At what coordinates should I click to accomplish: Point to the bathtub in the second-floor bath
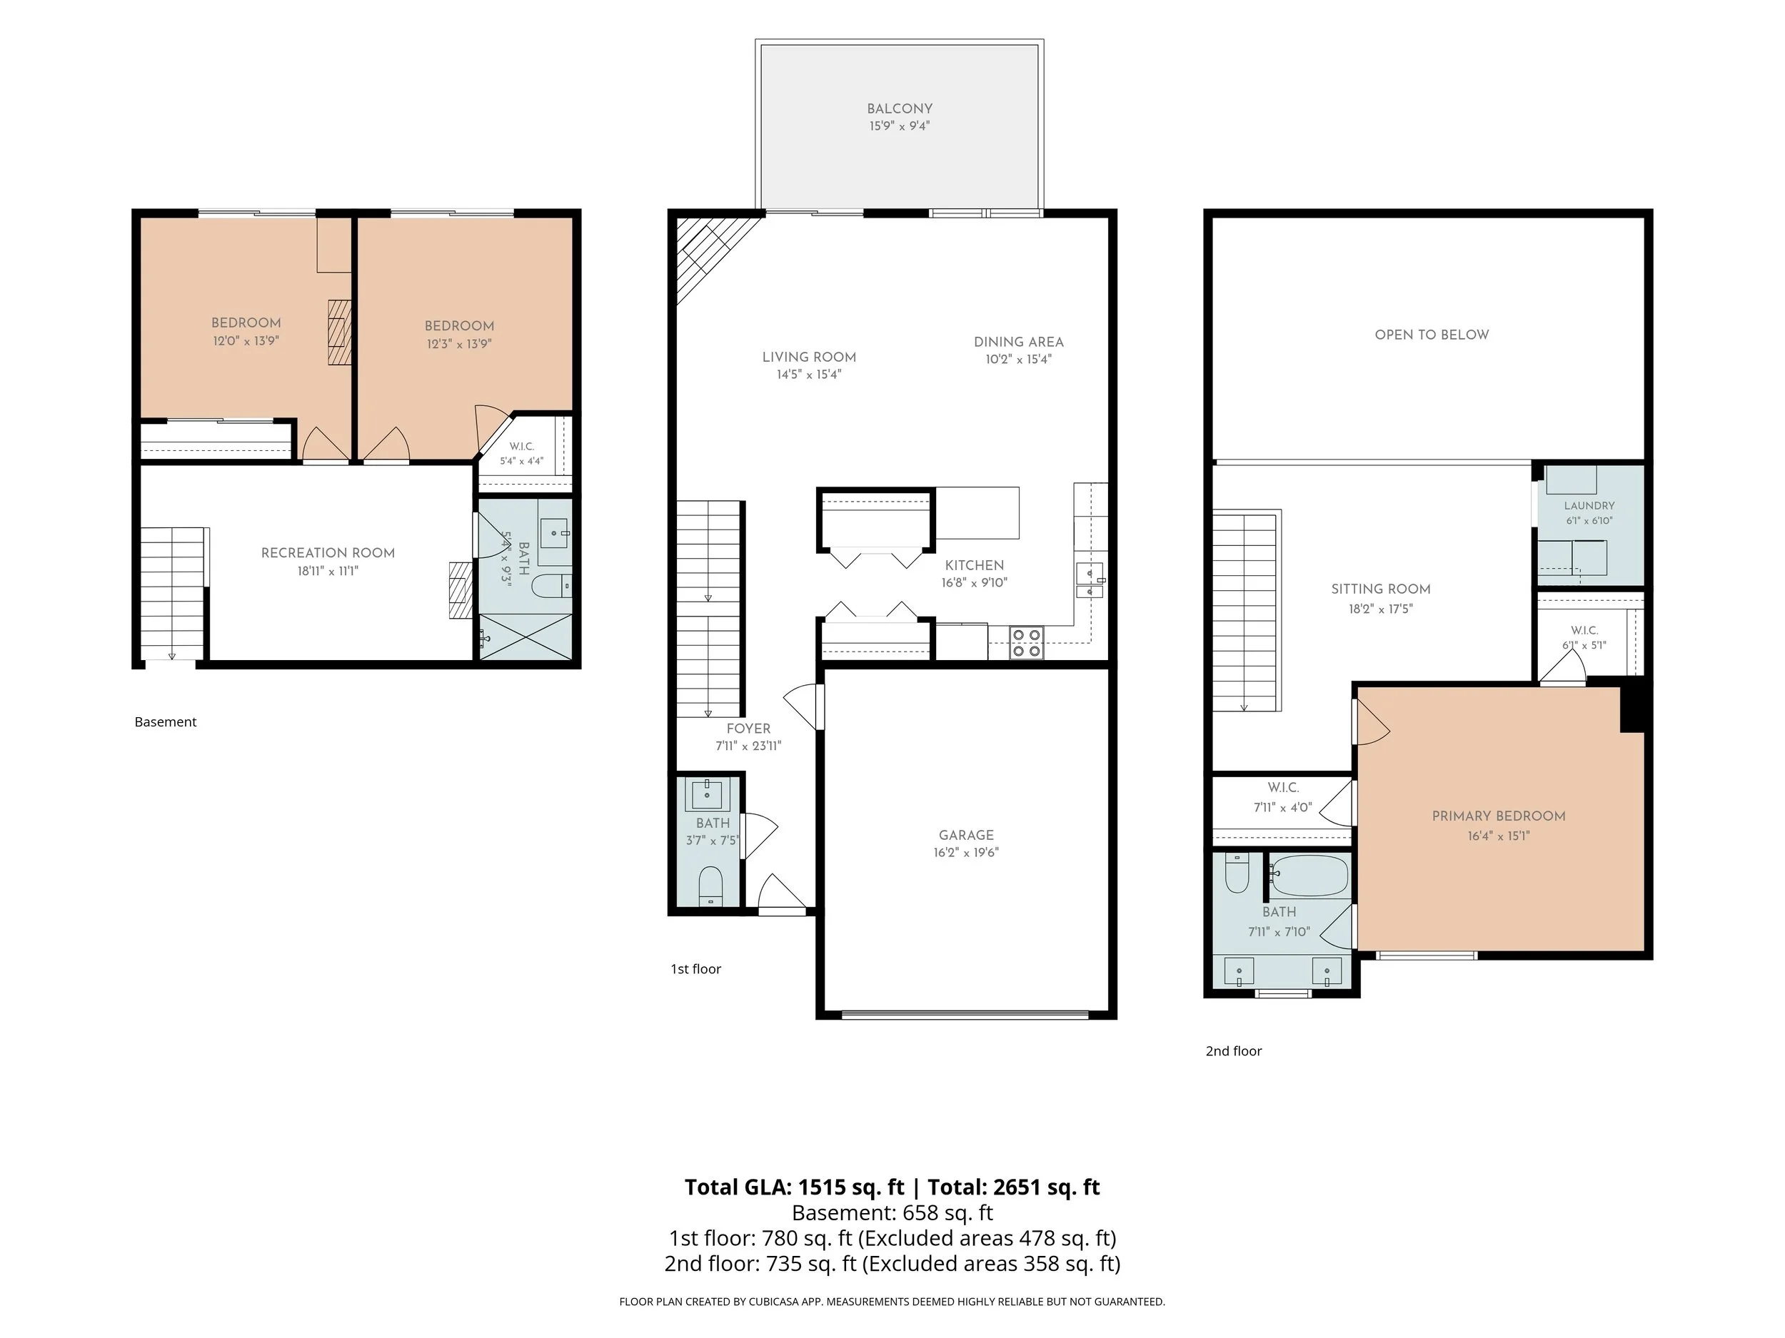(1308, 875)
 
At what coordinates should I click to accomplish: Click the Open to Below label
(1432, 335)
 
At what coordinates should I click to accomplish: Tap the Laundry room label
(1589, 506)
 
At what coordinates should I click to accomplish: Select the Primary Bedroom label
(1499, 816)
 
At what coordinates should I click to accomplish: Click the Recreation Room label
(328, 553)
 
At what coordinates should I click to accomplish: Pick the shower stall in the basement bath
(526, 637)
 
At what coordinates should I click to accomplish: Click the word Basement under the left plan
(166, 722)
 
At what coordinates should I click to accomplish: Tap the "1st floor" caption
(695, 969)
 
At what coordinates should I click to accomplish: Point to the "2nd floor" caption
(1233, 1051)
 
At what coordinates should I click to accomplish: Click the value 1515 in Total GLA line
(823, 1187)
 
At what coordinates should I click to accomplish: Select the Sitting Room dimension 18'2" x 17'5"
(1381, 609)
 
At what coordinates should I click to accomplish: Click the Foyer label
(748, 729)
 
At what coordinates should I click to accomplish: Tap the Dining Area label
(1018, 342)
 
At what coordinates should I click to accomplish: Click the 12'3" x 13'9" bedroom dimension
(459, 343)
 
